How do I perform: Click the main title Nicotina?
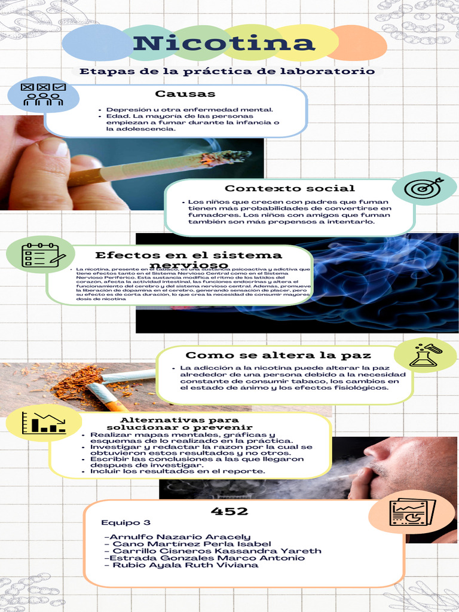click(224, 43)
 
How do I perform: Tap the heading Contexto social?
click(289, 189)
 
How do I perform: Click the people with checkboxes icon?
click(43, 94)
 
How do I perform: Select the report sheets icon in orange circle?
click(411, 512)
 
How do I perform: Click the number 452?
click(229, 511)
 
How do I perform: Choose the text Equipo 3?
click(126, 522)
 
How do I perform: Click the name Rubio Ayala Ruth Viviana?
click(186, 565)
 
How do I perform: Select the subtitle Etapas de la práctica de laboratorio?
click(227, 71)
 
